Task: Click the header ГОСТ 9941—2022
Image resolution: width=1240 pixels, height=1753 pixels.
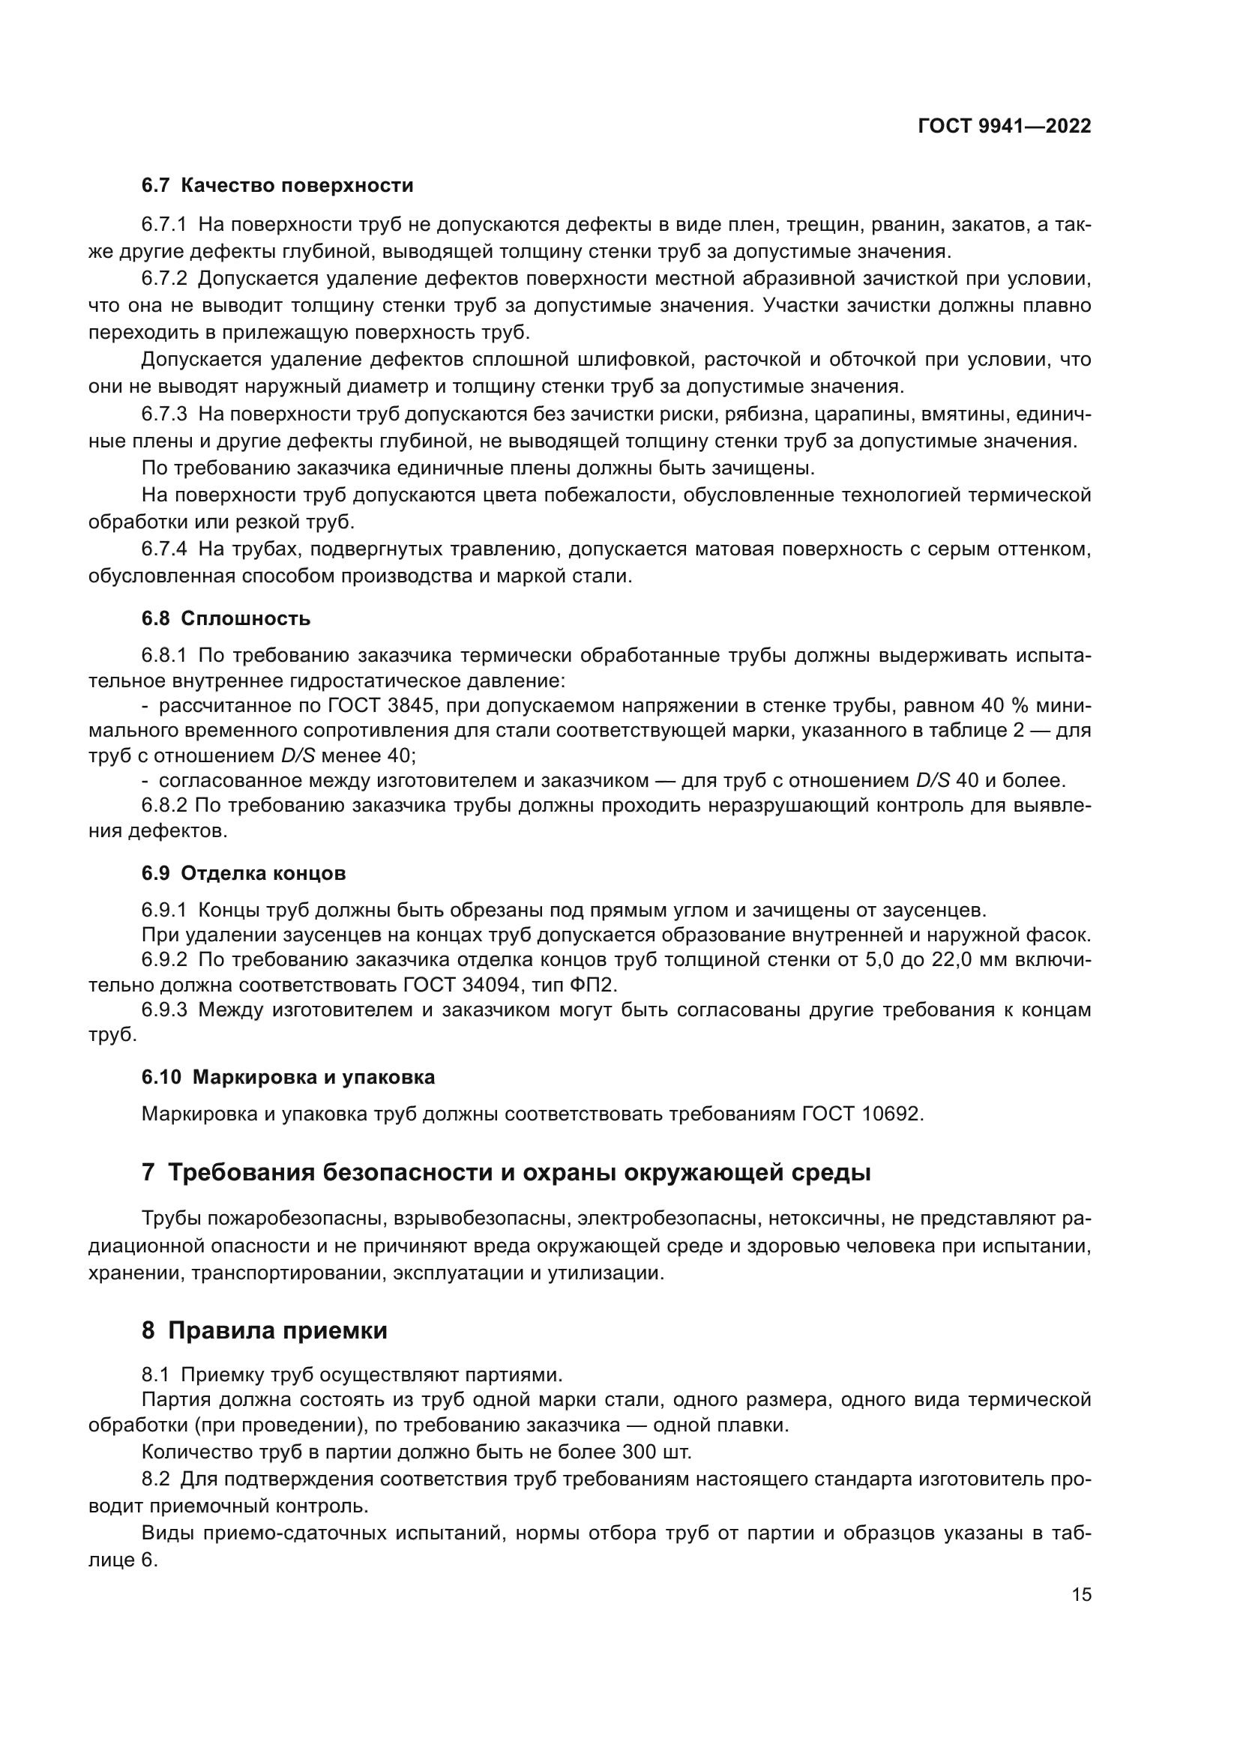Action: coord(1004,127)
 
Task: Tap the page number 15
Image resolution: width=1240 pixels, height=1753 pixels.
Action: coord(1081,1595)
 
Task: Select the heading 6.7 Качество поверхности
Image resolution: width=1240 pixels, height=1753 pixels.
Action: coord(277,186)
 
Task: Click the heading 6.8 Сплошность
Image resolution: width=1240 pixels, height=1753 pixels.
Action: coord(226,618)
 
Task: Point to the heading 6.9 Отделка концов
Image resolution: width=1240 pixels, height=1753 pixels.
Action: coord(244,872)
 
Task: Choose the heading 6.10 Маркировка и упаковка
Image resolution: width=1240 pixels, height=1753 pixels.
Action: coord(288,1077)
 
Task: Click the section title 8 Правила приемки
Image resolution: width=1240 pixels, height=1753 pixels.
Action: coord(264,1331)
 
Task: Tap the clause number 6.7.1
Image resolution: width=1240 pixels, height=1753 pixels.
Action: coord(164,225)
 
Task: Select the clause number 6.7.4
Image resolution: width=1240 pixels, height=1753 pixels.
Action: coord(164,549)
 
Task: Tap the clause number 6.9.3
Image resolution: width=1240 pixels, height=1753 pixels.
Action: coord(164,1010)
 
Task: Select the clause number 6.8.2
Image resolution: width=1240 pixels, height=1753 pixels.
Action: coord(164,806)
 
